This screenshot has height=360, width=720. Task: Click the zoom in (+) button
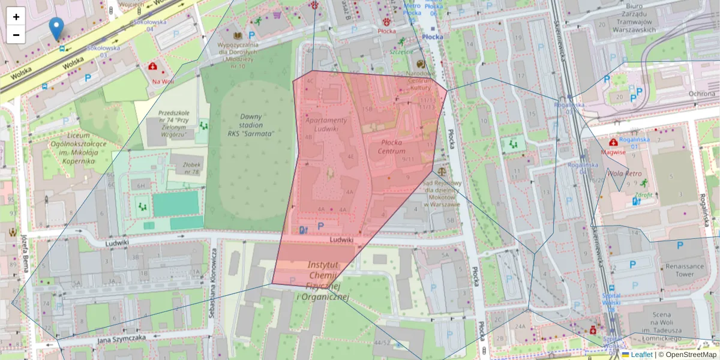click(x=16, y=17)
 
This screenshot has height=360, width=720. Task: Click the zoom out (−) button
click(x=16, y=35)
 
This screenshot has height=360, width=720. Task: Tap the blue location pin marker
click(x=56, y=29)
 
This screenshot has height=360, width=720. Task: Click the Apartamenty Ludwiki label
click(x=326, y=124)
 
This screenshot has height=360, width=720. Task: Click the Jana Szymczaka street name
click(x=121, y=339)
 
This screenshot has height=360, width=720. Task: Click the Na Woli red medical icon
click(x=154, y=66)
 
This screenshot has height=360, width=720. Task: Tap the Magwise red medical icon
click(x=613, y=142)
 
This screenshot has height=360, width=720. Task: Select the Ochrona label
click(x=701, y=94)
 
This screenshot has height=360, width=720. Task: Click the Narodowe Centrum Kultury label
click(x=420, y=80)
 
